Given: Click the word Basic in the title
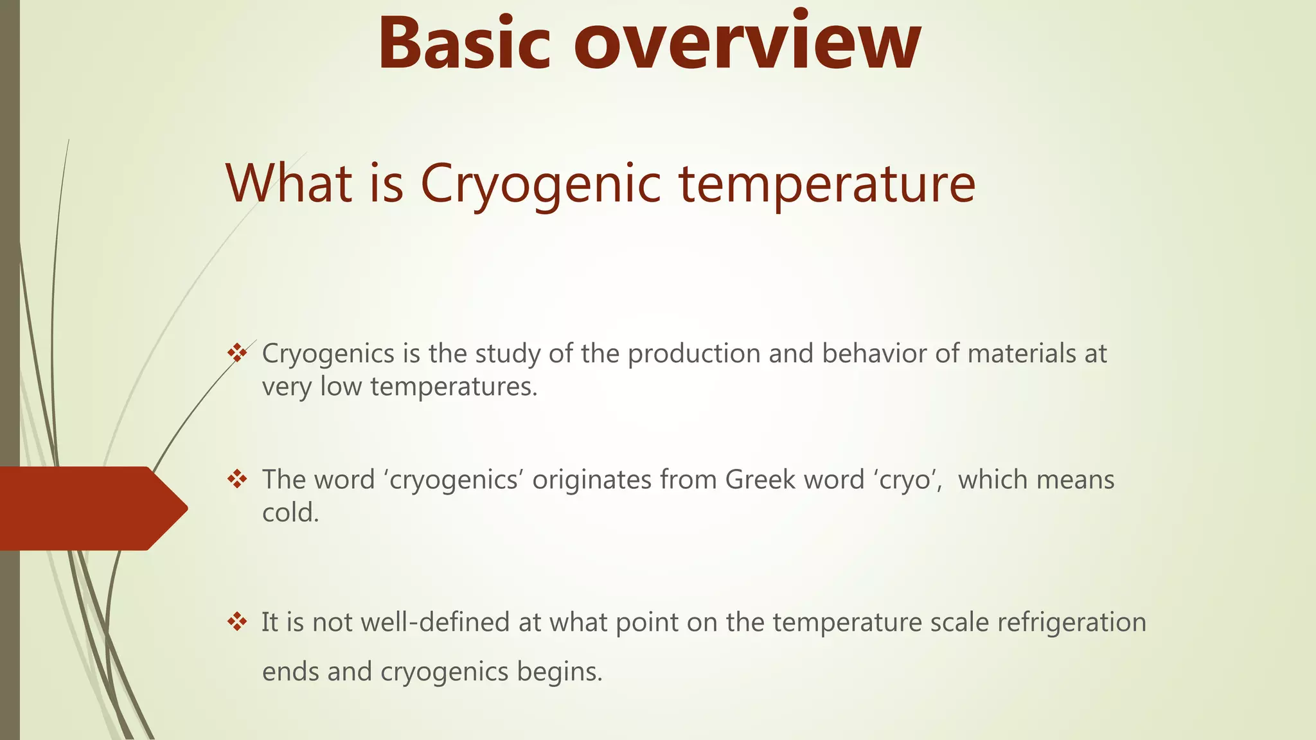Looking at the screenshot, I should [464, 44].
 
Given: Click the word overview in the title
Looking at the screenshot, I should [747, 44].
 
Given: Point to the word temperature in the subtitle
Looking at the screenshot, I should [827, 185].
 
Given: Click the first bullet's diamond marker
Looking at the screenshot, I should [237, 353].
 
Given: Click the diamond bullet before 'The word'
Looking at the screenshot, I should [237, 479].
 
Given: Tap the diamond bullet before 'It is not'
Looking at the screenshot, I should [237, 622].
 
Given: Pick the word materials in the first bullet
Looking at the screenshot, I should [1021, 353].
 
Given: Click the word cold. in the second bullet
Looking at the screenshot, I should [290, 513].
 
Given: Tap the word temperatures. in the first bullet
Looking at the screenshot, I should [454, 387].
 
